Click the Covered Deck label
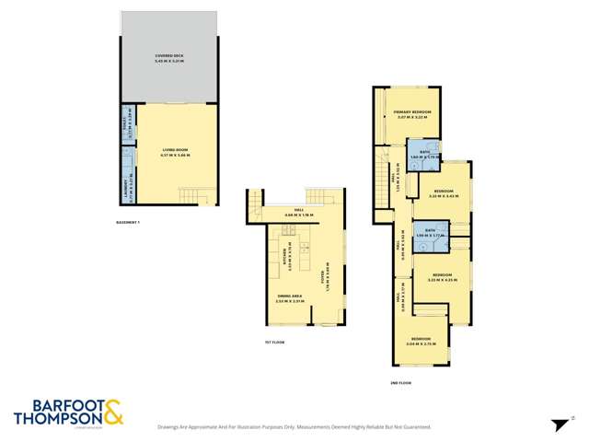(x=171, y=59)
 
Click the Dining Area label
(x=289, y=298)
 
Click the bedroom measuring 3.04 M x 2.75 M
(x=422, y=341)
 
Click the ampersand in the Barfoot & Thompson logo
(x=113, y=413)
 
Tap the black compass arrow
(x=557, y=425)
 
